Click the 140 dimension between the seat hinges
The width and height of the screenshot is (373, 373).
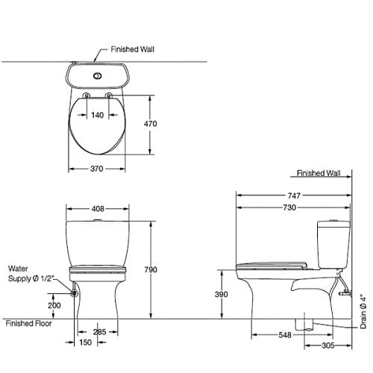(x=97, y=115)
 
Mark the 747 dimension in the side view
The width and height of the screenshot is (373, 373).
(x=293, y=195)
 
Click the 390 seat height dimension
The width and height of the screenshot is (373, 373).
(x=222, y=295)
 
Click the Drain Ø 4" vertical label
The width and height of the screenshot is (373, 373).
(x=363, y=311)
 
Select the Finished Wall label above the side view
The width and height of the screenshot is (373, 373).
(x=319, y=173)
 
